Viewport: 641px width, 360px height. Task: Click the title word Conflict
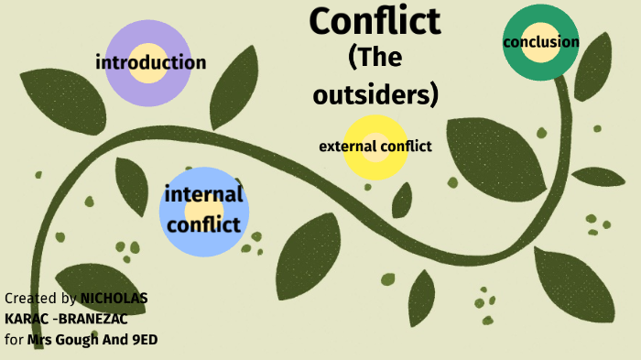coord(375,21)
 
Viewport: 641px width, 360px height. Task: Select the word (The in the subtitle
coord(375,58)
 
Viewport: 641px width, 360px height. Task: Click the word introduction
coord(151,63)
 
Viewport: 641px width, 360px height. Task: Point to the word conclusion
coord(540,42)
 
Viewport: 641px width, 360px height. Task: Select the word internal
coord(203,195)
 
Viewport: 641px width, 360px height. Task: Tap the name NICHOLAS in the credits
coord(114,299)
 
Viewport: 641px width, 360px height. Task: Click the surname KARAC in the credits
coord(25,320)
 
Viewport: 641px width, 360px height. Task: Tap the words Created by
coord(40,299)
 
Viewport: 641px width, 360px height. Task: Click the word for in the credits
coord(14,341)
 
